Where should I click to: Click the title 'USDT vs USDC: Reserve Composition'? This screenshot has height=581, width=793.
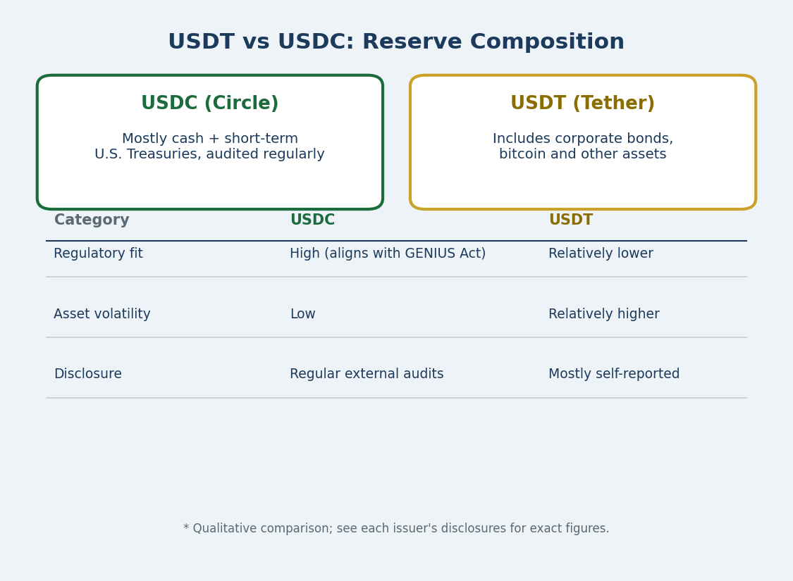tap(396, 42)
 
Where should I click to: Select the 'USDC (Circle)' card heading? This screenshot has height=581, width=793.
tap(210, 103)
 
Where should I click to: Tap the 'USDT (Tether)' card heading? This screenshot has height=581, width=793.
tap(583, 103)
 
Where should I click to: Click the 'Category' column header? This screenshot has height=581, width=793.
tap(92, 220)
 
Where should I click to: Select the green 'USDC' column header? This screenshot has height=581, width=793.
tap(312, 220)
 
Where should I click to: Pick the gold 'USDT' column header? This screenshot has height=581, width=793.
tap(570, 220)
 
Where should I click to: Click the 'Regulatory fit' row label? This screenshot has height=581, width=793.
tap(98, 254)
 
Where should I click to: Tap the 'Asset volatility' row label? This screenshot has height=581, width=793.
tap(102, 314)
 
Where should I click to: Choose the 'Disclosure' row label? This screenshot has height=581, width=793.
tap(88, 374)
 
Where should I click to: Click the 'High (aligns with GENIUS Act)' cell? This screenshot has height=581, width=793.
tap(388, 254)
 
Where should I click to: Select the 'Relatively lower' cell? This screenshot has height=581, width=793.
tap(601, 254)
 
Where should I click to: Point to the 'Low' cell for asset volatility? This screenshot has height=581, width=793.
tap(303, 314)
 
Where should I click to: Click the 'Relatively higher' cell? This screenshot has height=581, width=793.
tap(604, 314)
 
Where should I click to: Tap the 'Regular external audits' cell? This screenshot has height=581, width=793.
tap(367, 374)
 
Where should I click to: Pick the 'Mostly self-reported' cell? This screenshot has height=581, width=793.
tap(614, 374)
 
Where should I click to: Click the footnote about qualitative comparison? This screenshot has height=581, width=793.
tap(396, 528)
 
